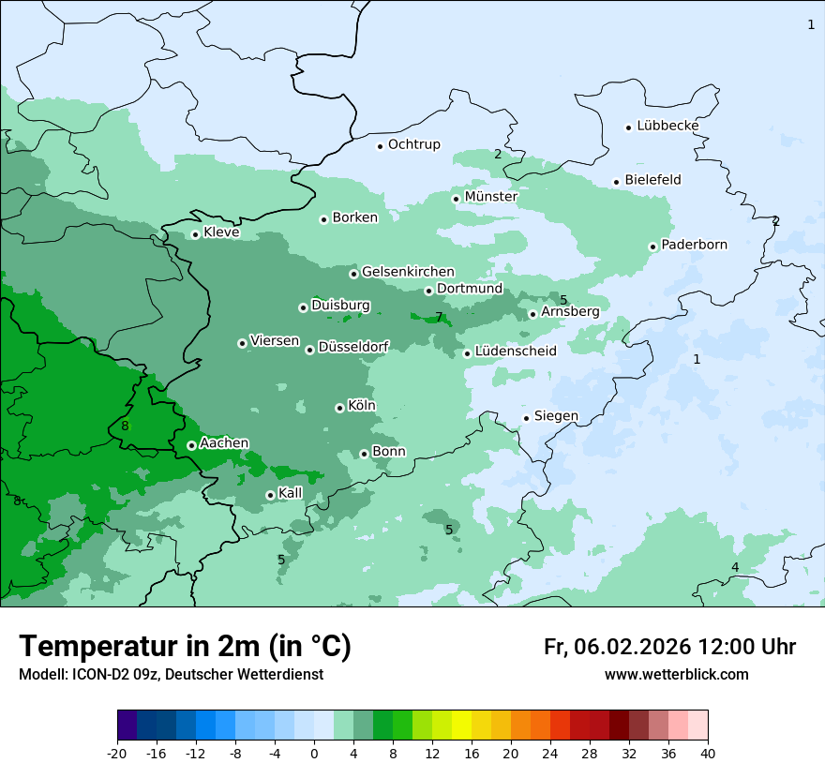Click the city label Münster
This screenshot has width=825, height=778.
click(x=490, y=197)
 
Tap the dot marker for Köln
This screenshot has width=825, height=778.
click(x=339, y=408)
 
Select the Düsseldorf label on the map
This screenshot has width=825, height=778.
click(x=353, y=348)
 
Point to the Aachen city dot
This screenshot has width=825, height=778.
click(x=191, y=445)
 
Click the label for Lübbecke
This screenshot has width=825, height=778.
click(x=667, y=126)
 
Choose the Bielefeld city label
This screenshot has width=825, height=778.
click(x=652, y=180)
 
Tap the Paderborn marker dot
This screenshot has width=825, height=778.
click(x=653, y=247)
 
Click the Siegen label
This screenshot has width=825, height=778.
click(x=556, y=416)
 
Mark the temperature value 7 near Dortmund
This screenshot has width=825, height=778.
click(x=439, y=317)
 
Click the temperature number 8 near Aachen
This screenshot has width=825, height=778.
click(x=125, y=426)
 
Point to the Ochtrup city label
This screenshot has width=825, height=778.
click(x=413, y=144)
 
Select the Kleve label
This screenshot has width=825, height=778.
click(x=221, y=232)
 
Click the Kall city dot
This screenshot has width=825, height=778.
click(x=270, y=495)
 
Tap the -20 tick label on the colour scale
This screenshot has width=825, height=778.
click(x=117, y=754)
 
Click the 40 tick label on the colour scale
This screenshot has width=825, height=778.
click(x=708, y=754)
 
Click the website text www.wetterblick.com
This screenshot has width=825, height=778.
click(x=676, y=675)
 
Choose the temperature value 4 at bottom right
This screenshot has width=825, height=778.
click(x=735, y=567)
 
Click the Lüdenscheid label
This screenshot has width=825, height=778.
click(x=516, y=352)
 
